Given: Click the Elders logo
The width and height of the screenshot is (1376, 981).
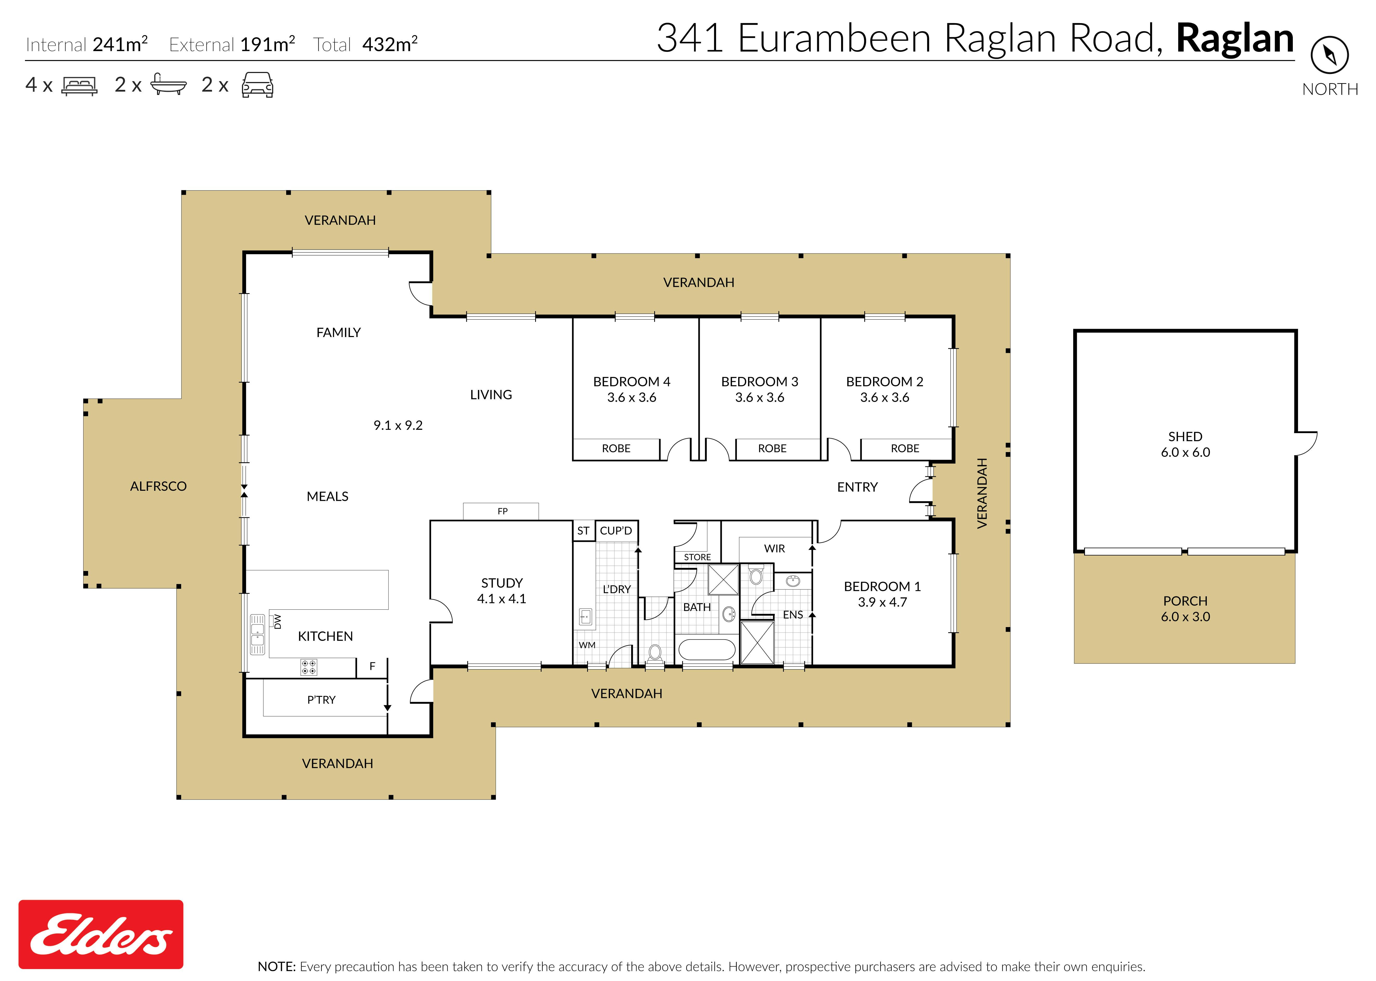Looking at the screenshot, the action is point(101,935).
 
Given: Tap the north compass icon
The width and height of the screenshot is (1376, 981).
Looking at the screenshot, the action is point(1329,55).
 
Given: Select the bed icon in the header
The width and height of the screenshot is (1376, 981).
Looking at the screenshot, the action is point(79,86).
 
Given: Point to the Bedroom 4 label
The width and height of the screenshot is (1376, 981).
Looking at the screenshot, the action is point(632,389).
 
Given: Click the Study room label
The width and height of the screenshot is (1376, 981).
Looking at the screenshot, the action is point(502,591).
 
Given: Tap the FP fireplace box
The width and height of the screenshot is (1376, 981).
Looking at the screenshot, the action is point(501,511).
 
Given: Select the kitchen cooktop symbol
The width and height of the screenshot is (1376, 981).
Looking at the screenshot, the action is point(308,667).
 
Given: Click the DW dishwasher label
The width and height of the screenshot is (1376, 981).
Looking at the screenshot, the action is point(278,622).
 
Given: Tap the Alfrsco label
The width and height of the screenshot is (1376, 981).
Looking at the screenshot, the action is point(158,486).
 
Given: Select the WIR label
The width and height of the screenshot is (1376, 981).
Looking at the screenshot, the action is point(775,548).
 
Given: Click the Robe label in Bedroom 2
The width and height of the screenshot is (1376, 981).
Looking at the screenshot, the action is point(905,448).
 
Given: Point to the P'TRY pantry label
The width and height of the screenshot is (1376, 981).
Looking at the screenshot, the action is point(321,700).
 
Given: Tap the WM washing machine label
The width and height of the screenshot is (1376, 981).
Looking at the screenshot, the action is point(587,645).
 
